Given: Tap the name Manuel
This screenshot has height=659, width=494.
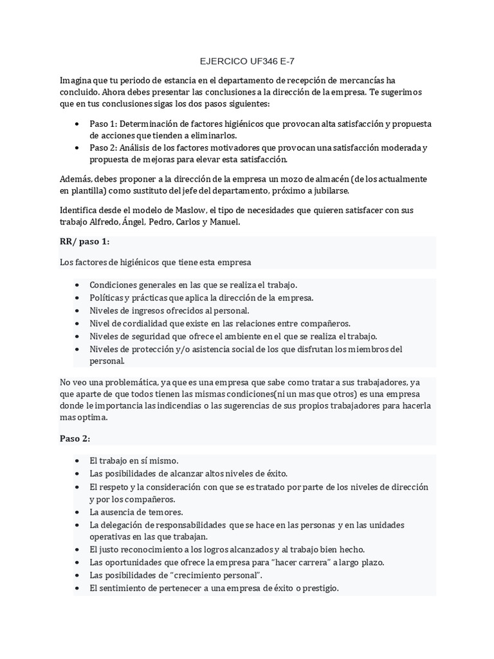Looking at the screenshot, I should tap(224, 222).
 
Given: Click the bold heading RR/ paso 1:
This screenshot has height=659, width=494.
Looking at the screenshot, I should tap(84, 241).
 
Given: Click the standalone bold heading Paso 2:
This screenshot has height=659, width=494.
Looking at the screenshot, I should tap(75, 438).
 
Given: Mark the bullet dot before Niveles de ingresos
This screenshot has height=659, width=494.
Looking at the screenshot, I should tap(78, 311).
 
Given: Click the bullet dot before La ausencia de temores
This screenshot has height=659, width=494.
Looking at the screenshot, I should tap(78, 512).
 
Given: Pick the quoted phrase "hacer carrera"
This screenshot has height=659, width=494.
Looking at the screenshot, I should tap(295, 562).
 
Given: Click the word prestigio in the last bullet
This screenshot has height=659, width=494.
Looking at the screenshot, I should tap(318, 588).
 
